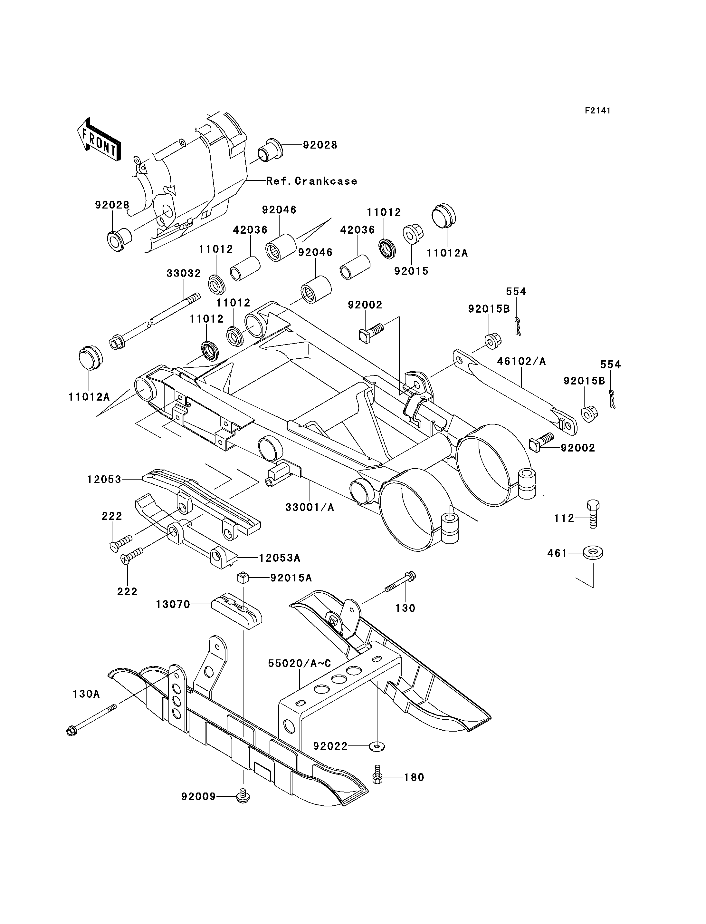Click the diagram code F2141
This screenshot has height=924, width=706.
[597, 111]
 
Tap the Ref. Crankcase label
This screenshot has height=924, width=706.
[312, 181]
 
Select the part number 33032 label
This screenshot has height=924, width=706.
[184, 273]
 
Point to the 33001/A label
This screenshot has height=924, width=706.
[310, 508]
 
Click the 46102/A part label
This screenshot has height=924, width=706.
[521, 361]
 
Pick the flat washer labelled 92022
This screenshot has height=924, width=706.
[377, 746]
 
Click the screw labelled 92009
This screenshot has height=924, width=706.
[242, 797]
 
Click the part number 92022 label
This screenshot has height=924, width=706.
[330, 746]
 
